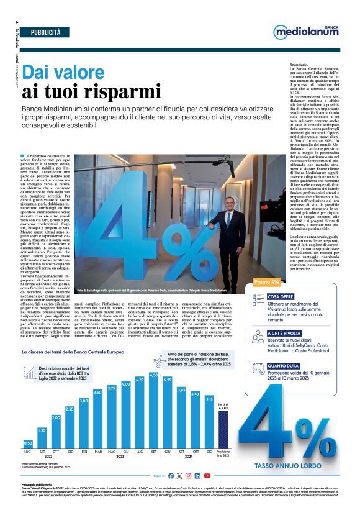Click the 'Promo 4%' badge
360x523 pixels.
pos(267,282)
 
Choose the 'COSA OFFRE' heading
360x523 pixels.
pos(281,297)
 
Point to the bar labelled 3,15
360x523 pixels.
pos(210,425)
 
